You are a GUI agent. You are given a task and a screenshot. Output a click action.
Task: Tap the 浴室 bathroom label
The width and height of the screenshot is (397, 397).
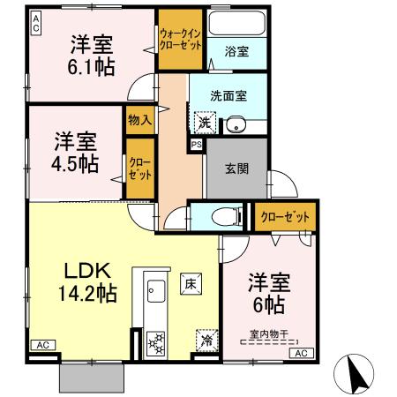tap(236, 51)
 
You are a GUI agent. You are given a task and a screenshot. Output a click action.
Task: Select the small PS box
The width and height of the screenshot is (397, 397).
tap(196, 144)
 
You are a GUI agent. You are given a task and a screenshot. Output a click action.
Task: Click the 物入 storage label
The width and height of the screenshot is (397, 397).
tap(139, 117)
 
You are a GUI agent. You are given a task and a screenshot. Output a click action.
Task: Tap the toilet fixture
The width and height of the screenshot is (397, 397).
tap(227, 215)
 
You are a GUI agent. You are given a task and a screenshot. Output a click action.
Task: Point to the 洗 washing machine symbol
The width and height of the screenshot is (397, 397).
tap(205, 122)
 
